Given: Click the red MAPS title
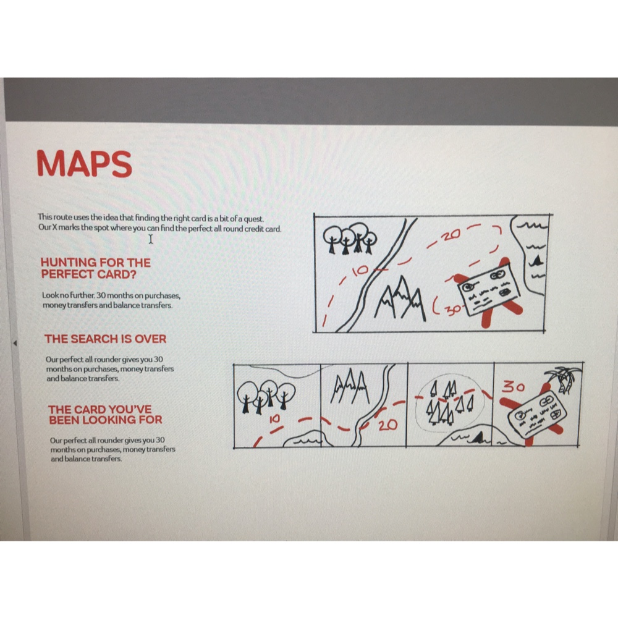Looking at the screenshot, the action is [84, 164].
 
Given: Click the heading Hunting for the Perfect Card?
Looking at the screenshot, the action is [95, 268].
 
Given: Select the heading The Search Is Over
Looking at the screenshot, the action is [105, 339].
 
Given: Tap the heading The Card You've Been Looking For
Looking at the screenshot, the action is [105, 415].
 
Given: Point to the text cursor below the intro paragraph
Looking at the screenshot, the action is [151, 239].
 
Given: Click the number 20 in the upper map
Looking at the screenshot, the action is [451, 235].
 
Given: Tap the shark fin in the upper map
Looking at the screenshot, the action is [536, 260].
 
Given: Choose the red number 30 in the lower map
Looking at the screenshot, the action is [513, 387].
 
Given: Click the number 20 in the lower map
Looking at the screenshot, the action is [387, 425].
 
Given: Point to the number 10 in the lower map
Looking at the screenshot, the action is [274, 420].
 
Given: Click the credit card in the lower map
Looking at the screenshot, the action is [537, 415].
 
